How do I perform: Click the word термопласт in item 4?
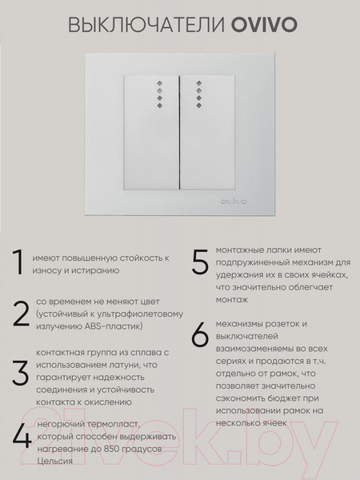coord(102,423)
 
